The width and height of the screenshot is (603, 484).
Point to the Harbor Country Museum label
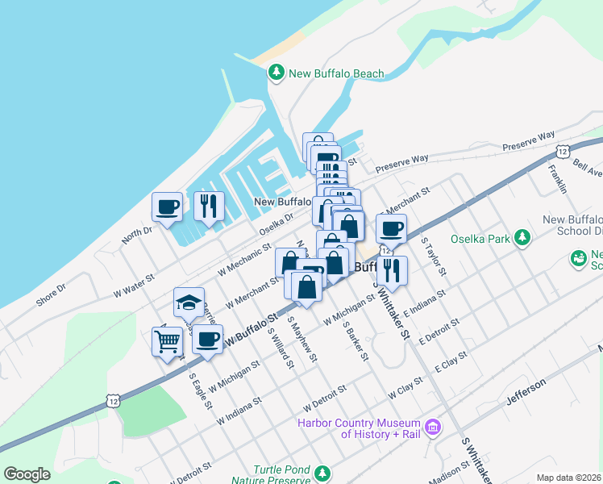click(359, 428)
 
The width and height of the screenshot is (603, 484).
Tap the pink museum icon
click(434, 426)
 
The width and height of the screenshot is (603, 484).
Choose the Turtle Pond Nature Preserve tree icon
click(323, 473)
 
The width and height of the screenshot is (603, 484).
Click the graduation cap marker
click(189, 303)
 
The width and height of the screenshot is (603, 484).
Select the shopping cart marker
click(167, 342)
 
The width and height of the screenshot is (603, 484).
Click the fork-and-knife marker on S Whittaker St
click(392, 271)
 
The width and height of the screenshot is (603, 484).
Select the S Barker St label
click(356, 341)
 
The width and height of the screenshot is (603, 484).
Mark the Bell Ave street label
click(588, 167)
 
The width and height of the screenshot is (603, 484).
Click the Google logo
click(27, 474)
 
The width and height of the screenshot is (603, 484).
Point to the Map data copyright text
click(569, 478)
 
